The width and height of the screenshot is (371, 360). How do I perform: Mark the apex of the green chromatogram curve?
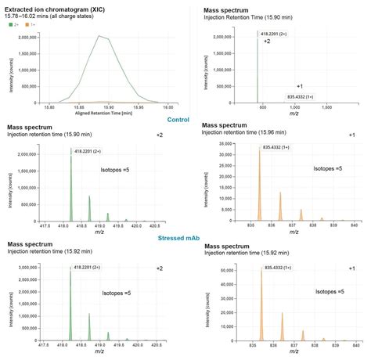99,36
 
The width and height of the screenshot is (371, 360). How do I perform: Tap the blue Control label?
183,120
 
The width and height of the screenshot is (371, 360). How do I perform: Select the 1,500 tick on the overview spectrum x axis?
327,108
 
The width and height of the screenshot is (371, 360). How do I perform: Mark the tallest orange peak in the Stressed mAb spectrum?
261,269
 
